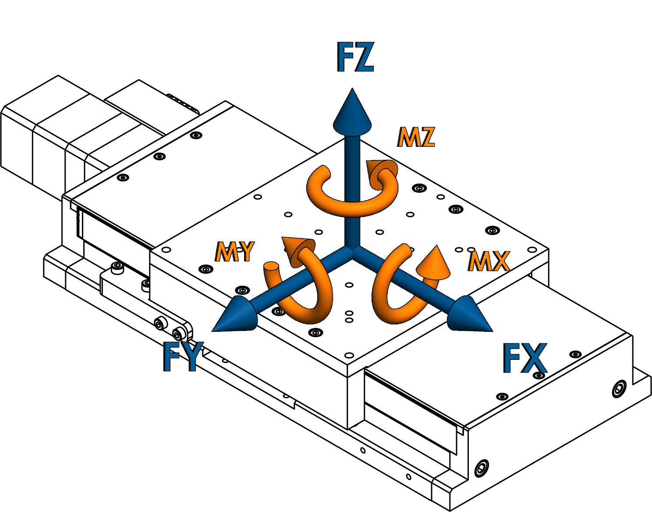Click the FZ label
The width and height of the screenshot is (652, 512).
pos(355,57)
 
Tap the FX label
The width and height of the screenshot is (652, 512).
pos(525,358)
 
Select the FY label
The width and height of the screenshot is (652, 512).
pos(183,356)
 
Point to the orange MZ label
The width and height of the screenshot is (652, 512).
pos(416,138)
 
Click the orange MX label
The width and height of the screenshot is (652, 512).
pos(489,262)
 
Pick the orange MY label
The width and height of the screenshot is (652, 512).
pos(234,252)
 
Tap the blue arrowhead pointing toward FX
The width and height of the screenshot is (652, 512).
pos(469,314)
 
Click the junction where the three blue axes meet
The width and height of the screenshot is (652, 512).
pos(352,253)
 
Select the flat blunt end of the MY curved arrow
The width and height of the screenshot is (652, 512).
pos(271,267)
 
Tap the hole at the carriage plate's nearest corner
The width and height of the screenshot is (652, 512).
pos(349,355)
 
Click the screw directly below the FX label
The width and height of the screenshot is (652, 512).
pos(540,376)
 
